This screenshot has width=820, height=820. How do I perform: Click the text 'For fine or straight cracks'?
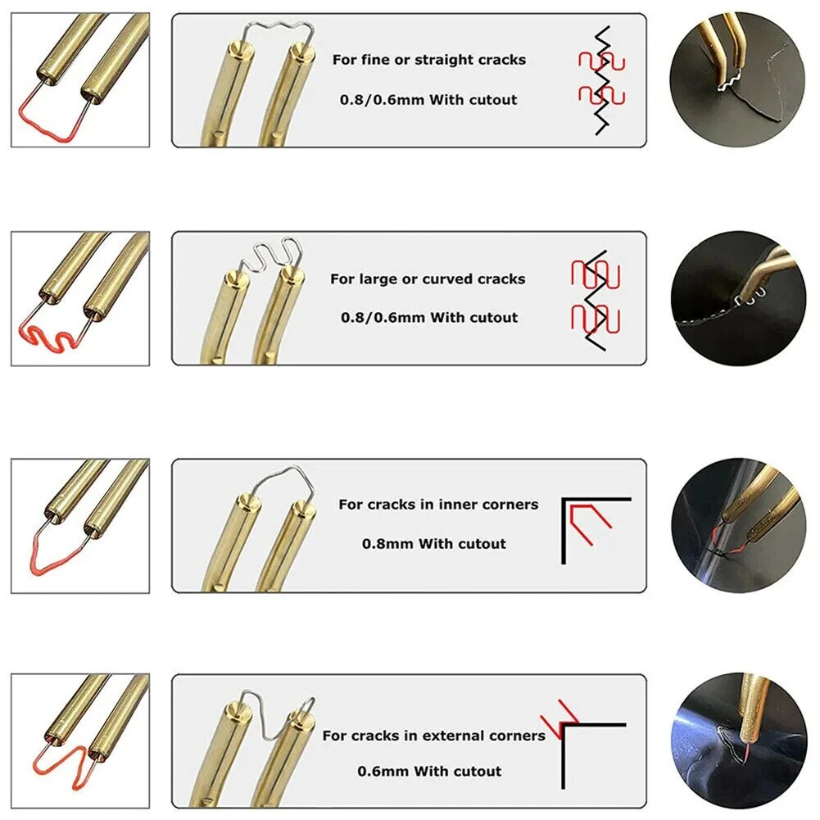[428, 60]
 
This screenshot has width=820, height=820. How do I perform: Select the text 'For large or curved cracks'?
[427, 279]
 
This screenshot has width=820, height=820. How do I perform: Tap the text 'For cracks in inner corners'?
[438, 505]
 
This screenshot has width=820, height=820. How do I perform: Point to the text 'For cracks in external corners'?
[433, 736]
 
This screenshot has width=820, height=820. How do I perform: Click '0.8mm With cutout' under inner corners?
[434, 543]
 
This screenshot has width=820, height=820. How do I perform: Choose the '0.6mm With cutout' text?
[429, 771]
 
